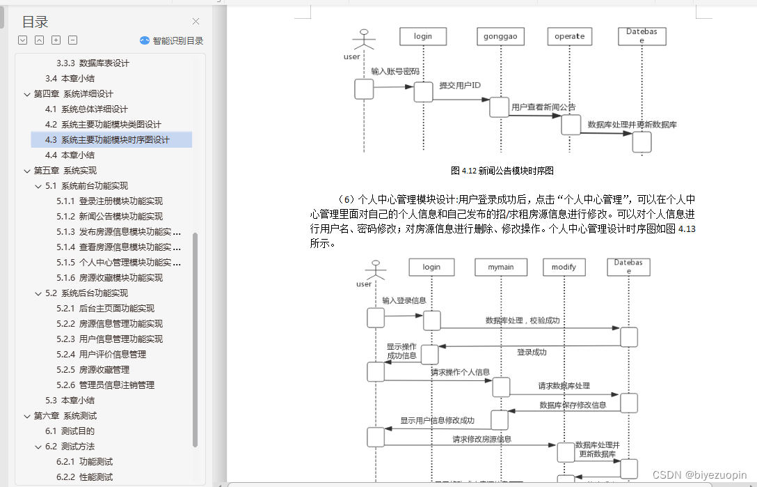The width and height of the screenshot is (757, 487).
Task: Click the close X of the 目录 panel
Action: pos(196,22)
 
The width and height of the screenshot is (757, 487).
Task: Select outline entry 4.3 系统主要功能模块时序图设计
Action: pos(115,139)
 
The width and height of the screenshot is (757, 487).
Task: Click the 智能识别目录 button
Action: pos(172,40)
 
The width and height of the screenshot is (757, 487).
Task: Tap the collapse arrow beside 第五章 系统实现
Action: pos(27,171)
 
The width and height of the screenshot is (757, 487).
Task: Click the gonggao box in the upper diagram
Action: pos(499,36)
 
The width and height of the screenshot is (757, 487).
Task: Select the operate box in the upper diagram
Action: pos(570,36)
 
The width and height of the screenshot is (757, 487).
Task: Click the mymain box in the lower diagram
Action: pos(500,267)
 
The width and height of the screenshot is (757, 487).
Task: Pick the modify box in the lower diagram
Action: pos(564,267)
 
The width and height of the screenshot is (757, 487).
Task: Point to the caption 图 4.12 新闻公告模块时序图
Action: pos(502,170)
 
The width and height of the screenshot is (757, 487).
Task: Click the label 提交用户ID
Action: pos(460,86)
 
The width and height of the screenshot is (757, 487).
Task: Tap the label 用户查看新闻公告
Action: pos(543,107)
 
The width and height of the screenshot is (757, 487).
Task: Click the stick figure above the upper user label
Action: pos(363,40)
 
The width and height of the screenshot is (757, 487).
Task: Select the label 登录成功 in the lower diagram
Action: pos(532,353)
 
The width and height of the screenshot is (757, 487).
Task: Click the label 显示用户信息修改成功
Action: pos(437,421)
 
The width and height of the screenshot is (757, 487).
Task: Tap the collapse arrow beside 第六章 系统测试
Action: pos(27,416)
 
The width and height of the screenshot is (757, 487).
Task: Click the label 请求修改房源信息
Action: pos(481,439)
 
